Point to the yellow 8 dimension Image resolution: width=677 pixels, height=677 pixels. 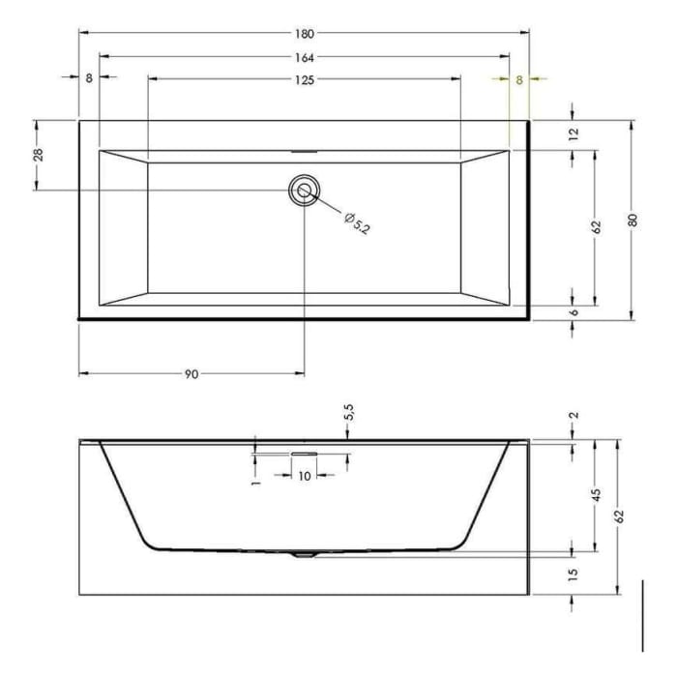click(519, 80)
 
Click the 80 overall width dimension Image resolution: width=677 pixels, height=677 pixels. click(633, 220)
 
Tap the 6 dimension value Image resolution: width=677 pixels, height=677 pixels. click(574, 313)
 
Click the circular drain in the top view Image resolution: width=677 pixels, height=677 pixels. click(305, 191)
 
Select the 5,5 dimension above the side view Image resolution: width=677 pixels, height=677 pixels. click(349, 413)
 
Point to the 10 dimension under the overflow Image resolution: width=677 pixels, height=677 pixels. click(304, 475)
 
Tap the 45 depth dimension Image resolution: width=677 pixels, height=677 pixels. click(597, 494)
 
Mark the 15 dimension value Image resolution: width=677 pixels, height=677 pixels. click(574, 574)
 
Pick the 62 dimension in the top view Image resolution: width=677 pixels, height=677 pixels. click(597, 227)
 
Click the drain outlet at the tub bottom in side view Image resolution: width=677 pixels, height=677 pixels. click(304, 555)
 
